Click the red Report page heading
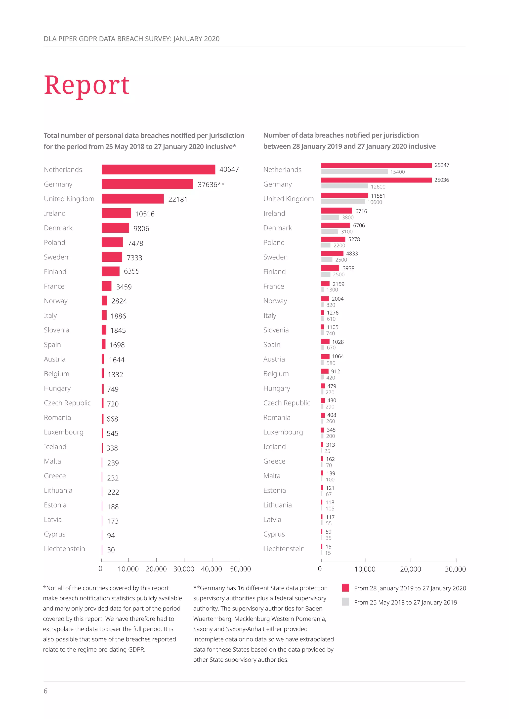pos(86,85)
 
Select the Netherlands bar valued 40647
pos(158,169)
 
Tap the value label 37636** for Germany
pos(211,184)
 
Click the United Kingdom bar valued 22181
pos(132,199)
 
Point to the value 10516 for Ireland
pos(145,214)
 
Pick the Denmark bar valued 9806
pos(115,228)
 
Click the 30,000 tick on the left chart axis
pos(184,569)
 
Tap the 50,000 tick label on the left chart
pos(240,569)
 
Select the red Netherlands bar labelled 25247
pos(376,165)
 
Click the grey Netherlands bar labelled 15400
pos(354,172)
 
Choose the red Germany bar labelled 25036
pos(376,180)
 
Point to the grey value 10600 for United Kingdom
pos(375,202)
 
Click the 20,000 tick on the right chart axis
pos(410,569)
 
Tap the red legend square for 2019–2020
pos(345,588)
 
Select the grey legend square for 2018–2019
pos(345,602)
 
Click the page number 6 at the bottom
pos(45,691)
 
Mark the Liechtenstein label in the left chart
pos(64,549)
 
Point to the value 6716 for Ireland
pos(361,211)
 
